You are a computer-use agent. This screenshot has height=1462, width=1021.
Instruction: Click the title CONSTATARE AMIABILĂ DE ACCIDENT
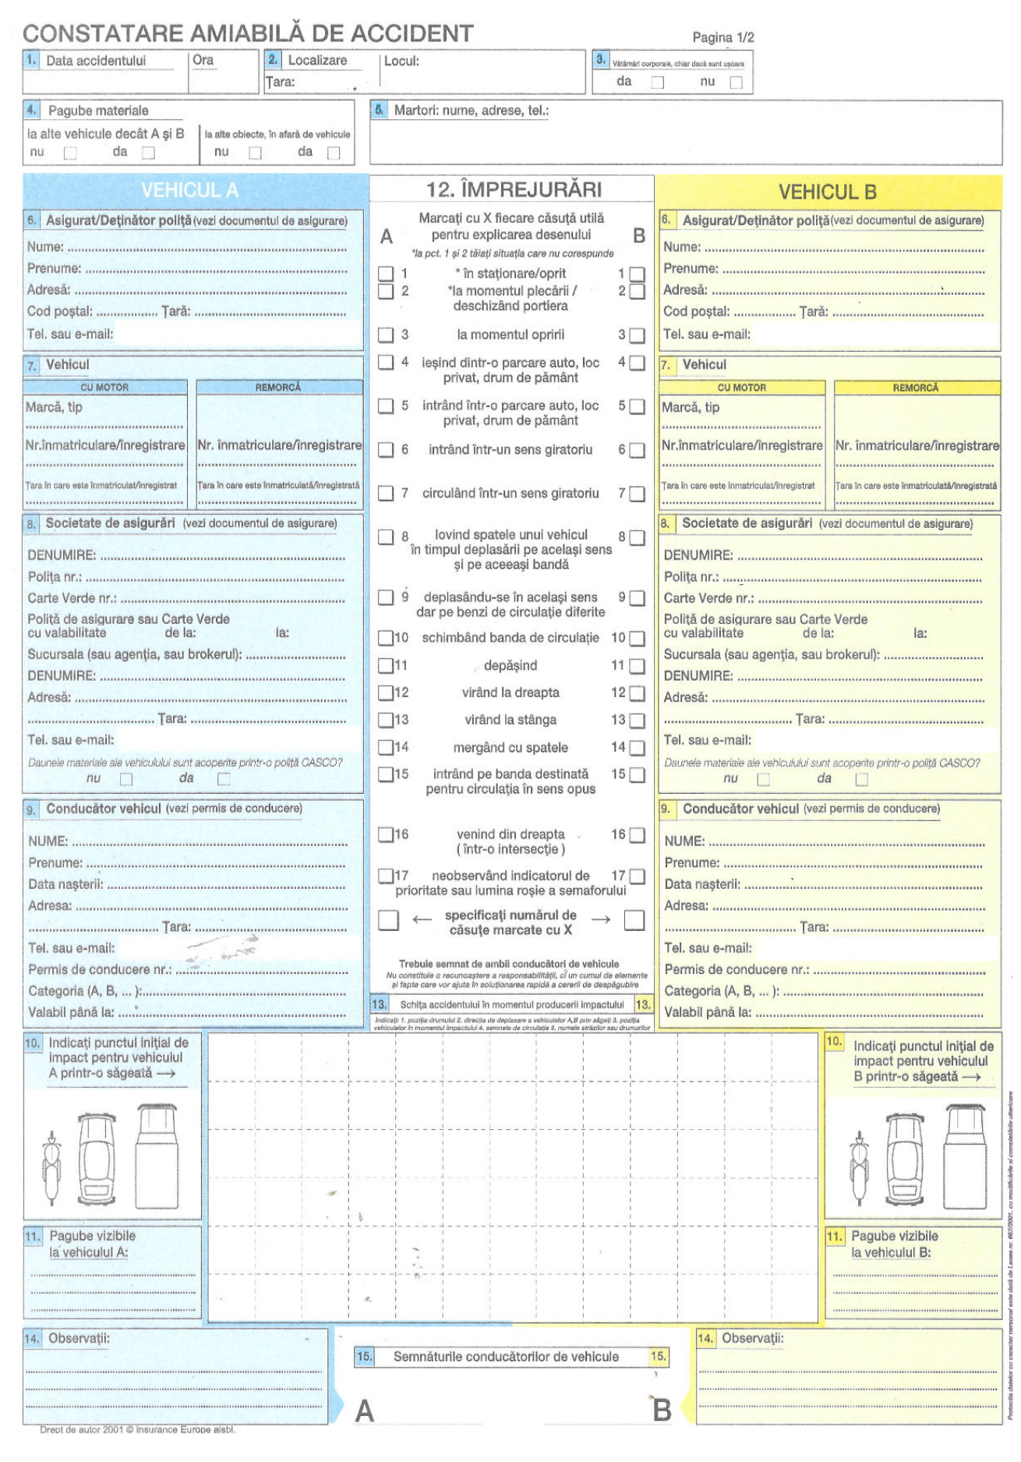[x=248, y=34]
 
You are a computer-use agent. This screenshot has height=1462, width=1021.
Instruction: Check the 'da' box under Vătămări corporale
[x=658, y=82]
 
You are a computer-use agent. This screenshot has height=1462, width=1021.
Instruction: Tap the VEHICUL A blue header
[x=189, y=190]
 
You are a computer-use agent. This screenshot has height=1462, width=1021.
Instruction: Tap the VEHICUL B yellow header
[x=827, y=192]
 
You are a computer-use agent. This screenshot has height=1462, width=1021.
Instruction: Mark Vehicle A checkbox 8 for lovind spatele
[x=386, y=536]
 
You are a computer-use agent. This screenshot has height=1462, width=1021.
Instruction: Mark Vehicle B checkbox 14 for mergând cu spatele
[x=637, y=748]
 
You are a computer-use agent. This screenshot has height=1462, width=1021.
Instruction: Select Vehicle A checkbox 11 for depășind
[x=386, y=666]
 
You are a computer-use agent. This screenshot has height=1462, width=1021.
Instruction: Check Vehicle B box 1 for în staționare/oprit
[x=637, y=274]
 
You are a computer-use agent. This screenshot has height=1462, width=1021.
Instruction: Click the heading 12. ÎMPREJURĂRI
[x=514, y=189]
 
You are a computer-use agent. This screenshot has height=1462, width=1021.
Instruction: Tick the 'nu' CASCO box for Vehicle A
[x=126, y=779]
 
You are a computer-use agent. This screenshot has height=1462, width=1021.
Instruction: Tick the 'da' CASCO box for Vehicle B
[x=861, y=779]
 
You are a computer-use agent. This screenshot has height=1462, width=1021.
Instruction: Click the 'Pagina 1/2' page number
[x=722, y=37]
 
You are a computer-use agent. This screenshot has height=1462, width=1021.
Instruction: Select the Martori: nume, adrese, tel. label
[x=471, y=111]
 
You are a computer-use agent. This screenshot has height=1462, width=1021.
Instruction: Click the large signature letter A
[x=364, y=1411]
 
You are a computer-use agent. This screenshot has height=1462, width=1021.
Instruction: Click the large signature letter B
[x=661, y=1410]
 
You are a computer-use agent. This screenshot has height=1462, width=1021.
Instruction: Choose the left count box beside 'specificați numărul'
[x=388, y=920]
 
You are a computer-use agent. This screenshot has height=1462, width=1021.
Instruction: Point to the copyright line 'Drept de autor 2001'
[x=137, y=1429]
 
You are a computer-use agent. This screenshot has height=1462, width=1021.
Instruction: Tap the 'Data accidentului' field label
[x=96, y=61]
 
